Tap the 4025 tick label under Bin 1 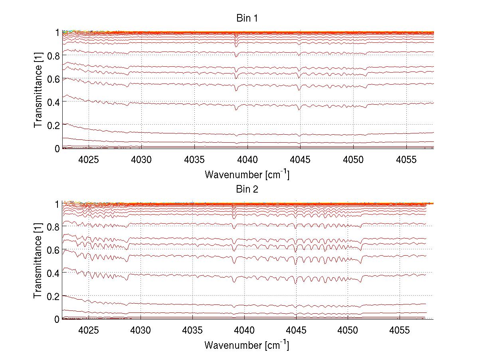89,159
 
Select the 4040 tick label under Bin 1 247,159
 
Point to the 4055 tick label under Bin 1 406,159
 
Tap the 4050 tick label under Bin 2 348,330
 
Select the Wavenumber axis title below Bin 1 247,174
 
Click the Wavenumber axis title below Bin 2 247,345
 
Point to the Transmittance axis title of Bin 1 38,90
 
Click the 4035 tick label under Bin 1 194,159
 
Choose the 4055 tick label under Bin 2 400,330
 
